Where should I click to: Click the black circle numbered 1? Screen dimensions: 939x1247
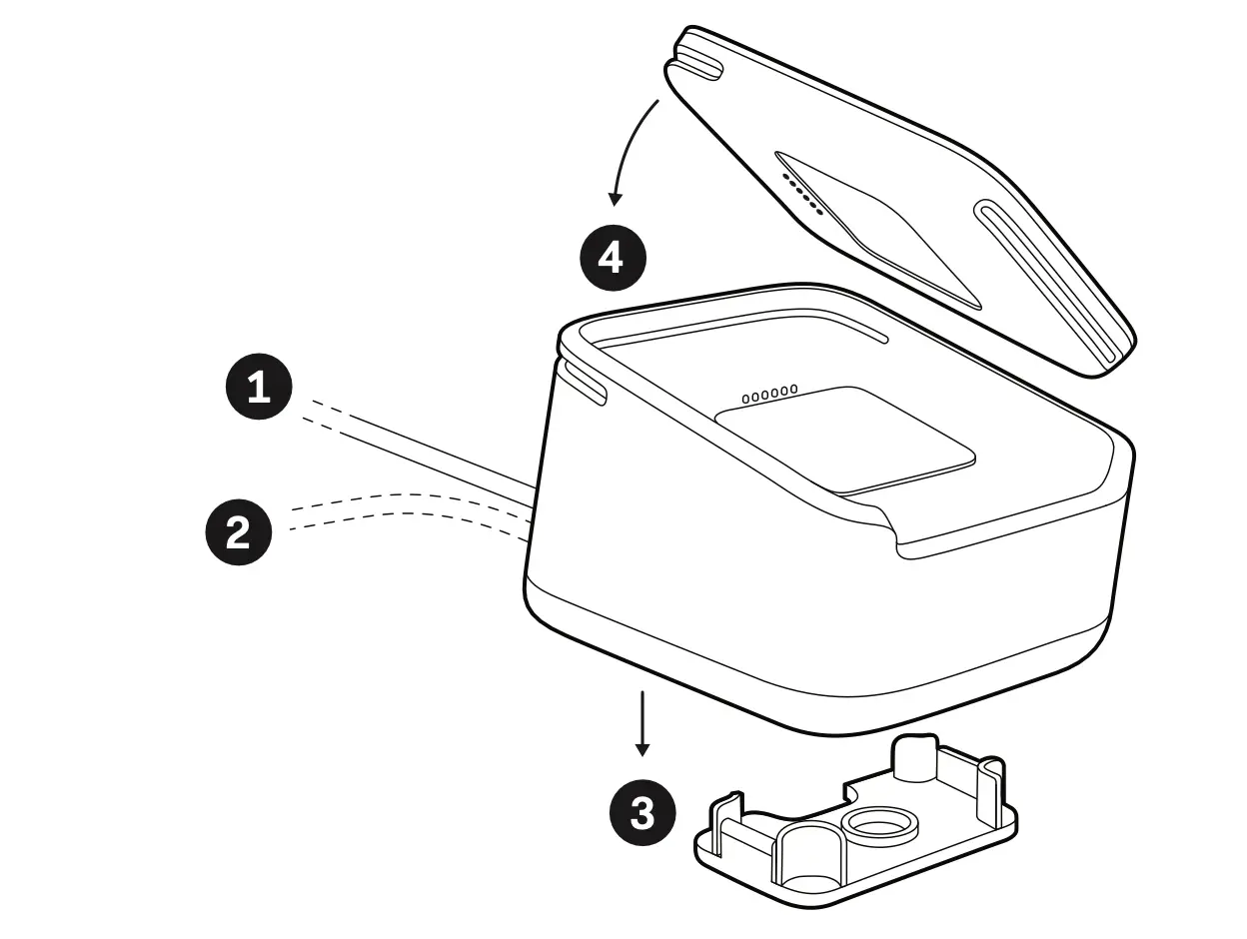point(259,386)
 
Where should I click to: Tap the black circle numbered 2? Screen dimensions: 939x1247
point(238,532)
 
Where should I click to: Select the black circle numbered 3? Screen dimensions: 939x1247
point(642,812)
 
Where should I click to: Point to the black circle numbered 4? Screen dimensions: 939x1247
point(614,258)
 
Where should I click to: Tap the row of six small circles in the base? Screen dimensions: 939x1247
point(769,394)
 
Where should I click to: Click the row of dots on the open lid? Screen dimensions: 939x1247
point(803,194)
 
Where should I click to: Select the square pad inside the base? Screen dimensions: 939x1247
point(844,439)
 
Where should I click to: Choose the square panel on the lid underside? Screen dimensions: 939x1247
point(879,230)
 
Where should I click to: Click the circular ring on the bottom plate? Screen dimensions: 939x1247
point(879,825)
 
